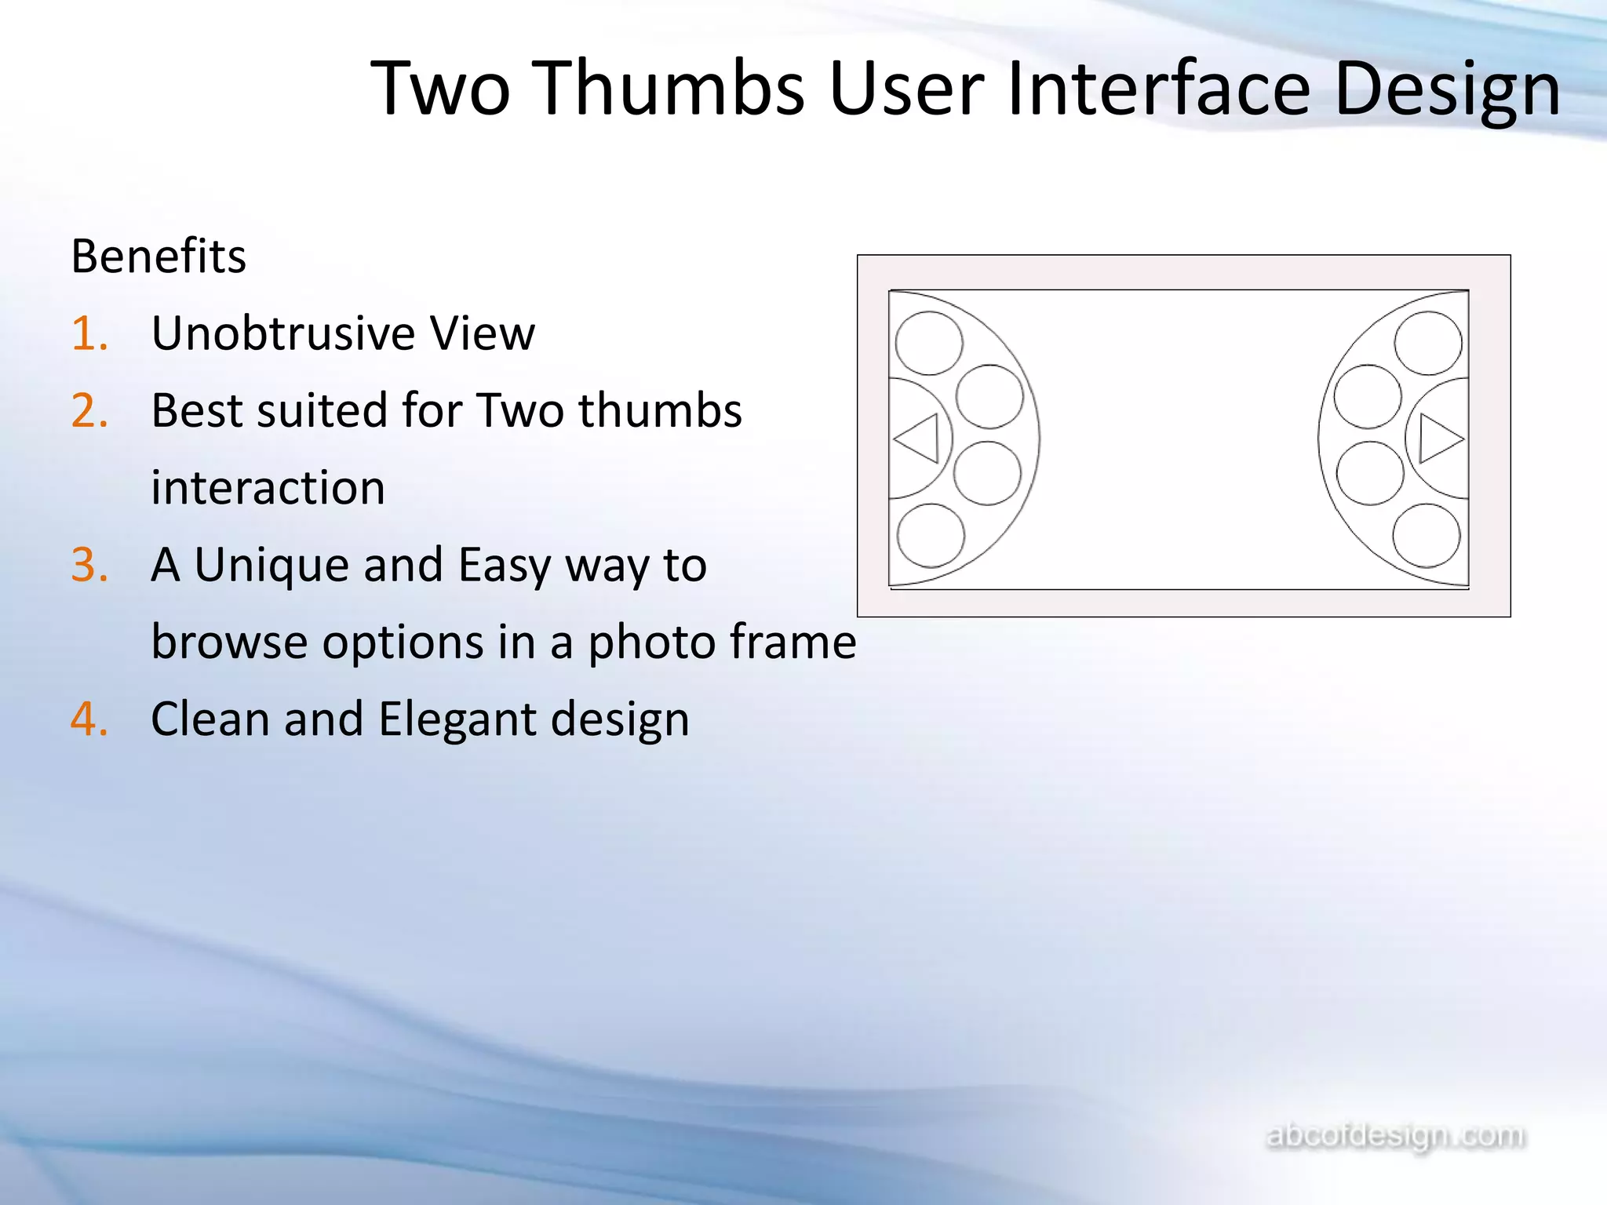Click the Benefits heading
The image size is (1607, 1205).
click(159, 257)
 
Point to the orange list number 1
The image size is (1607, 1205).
click(88, 333)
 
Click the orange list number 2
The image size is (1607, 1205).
click(89, 410)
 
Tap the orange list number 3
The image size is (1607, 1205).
click(89, 565)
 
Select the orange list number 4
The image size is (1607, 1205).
click(89, 719)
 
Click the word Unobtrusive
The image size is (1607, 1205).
click(282, 333)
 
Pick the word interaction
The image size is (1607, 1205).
click(268, 488)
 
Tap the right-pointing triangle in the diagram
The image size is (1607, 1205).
click(1438, 439)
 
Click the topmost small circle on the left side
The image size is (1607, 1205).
click(928, 343)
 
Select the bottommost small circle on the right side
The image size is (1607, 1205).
click(1426, 535)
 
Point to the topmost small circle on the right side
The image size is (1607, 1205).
click(1427, 343)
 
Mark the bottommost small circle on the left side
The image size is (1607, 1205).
click(930, 535)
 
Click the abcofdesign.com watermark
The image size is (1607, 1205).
click(1396, 1135)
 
